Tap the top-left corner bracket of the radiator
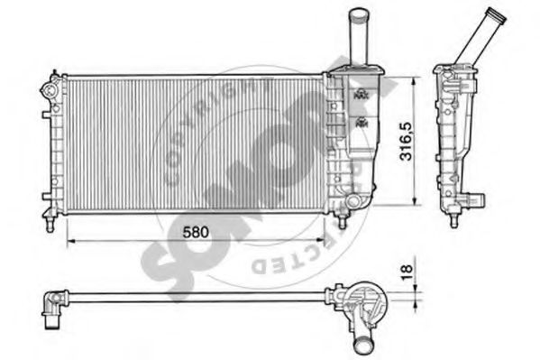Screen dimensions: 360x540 point(50,89)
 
